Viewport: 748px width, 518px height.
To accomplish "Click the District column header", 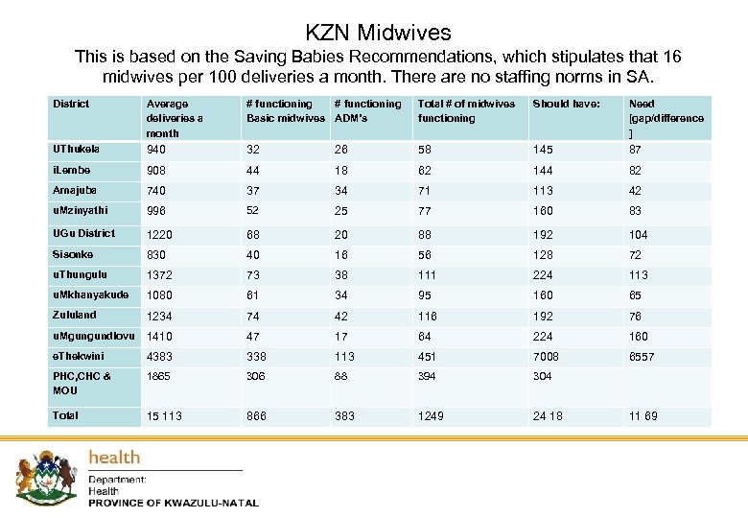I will (x=71, y=104).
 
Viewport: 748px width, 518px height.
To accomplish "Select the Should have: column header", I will (x=565, y=104).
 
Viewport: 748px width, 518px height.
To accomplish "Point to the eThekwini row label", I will (x=75, y=356).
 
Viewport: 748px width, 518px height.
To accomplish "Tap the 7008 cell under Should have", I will (x=546, y=357).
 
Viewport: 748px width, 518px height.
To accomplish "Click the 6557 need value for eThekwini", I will (x=642, y=357).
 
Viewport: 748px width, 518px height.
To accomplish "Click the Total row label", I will (x=66, y=415).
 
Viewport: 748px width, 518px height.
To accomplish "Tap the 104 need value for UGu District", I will (x=638, y=235).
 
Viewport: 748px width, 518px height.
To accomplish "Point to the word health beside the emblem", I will (x=114, y=458).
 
